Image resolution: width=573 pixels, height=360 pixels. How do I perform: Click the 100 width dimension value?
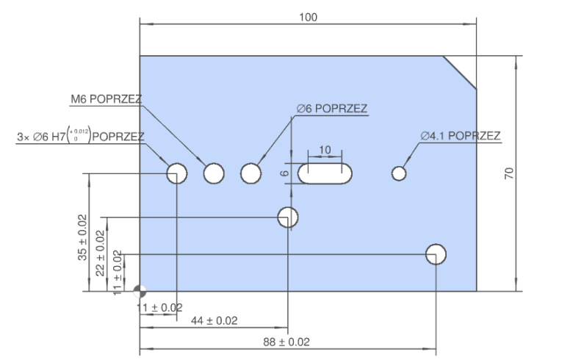point(309,17)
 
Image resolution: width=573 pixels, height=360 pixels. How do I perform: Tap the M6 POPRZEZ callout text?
point(107,100)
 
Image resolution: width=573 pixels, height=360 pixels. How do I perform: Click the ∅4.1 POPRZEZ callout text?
point(461,136)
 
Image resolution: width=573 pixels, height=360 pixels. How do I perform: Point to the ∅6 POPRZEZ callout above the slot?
point(331,109)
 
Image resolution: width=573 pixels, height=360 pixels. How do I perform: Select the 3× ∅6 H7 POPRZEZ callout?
point(80,136)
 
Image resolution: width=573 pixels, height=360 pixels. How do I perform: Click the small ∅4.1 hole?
point(400,173)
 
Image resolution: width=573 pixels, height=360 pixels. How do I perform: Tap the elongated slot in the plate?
point(325,173)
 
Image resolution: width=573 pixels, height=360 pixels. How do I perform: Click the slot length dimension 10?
point(325,150)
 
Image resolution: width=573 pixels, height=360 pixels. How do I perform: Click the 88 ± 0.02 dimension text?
point(286,342)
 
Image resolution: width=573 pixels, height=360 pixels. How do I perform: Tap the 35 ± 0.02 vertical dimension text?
point(82,238)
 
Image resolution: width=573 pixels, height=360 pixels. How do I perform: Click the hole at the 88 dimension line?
point(436,254)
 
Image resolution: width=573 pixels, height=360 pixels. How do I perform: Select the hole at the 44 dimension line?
point(288,217)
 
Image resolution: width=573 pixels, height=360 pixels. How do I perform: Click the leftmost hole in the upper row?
point(177,173)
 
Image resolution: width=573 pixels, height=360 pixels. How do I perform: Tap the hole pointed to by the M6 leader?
point(214,173)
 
